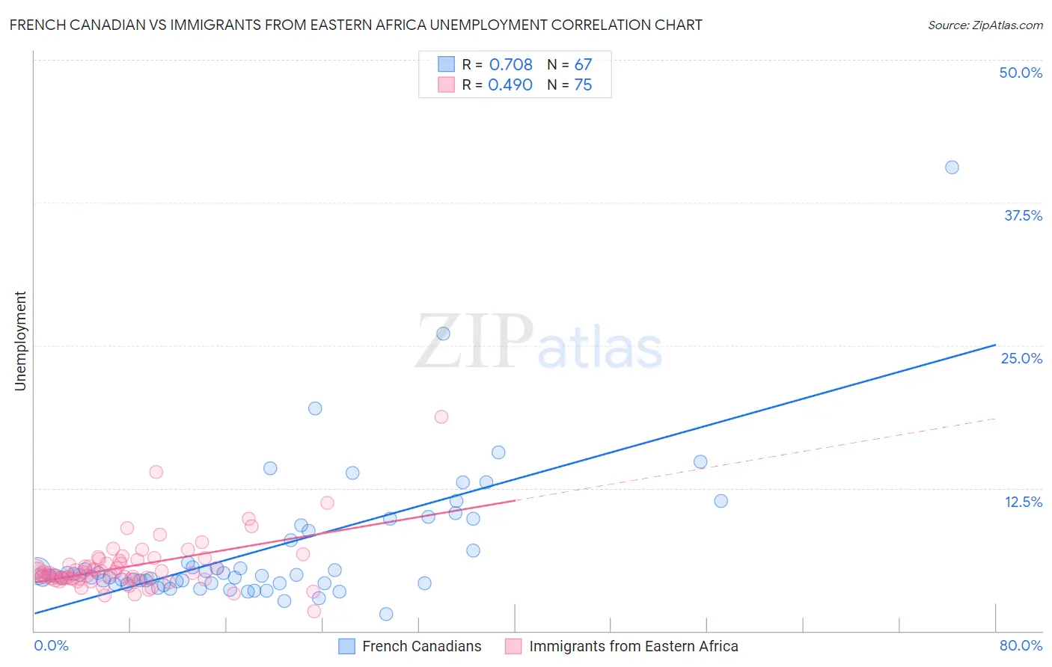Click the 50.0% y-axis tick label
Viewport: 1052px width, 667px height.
pos(1021,73)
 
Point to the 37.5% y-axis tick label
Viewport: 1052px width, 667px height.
pos(1023,215)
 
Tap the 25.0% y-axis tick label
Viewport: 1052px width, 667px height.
pos(1021,358)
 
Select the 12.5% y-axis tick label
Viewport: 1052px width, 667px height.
pos(1023,502)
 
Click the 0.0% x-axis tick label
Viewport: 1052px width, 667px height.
pos(51,645)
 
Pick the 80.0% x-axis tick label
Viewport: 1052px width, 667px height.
pos(1021,645)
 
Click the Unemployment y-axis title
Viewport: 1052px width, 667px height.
pos(20,341)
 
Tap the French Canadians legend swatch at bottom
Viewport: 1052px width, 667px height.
pos(346,646)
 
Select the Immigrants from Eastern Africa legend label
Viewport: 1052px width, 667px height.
pos(633,646)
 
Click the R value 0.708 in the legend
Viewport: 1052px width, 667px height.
pos(510,65)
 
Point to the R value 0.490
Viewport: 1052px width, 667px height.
pos(510,85)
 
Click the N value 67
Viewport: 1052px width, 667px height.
pos(583,65)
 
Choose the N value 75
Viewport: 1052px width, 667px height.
pos(583,85)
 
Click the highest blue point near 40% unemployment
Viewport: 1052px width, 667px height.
pos(952,167)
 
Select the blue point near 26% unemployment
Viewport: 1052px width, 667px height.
pos(443,333)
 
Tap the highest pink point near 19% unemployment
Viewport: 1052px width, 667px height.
pos(441,417)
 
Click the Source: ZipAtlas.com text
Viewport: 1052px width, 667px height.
pos(985,25)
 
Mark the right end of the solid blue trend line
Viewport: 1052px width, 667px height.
pos(995,345)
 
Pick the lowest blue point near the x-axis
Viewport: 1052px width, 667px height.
pos(386,614)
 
